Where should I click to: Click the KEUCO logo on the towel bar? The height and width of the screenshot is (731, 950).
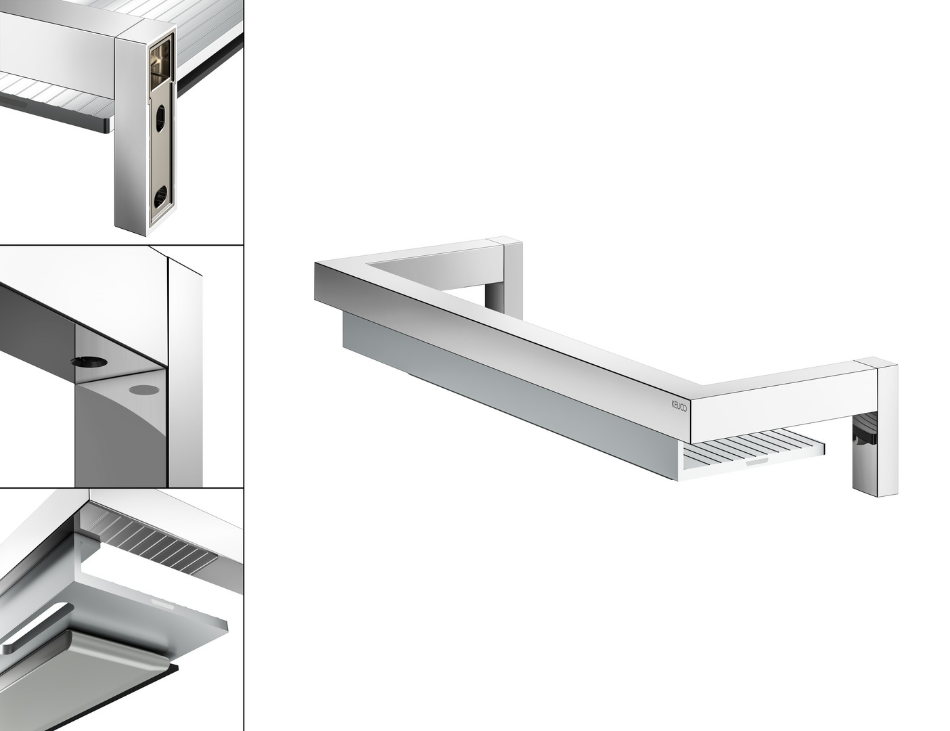[679, 405]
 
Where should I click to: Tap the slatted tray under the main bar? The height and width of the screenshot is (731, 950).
[753, 455]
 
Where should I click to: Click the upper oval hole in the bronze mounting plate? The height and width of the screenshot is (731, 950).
[160, 118]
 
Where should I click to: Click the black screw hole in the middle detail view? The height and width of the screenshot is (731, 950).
[90, 361]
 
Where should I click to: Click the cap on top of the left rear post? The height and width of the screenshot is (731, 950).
[505, 240]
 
